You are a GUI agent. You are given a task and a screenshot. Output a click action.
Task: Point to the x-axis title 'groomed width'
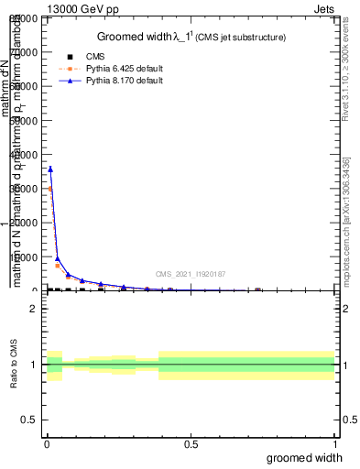coord(305,457)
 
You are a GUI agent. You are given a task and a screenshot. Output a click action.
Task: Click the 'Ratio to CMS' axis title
coord(15,366)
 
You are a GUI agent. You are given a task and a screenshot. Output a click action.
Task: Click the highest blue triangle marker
coord(50,169)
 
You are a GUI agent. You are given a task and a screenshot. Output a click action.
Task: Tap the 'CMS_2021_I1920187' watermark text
coord(191,274)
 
